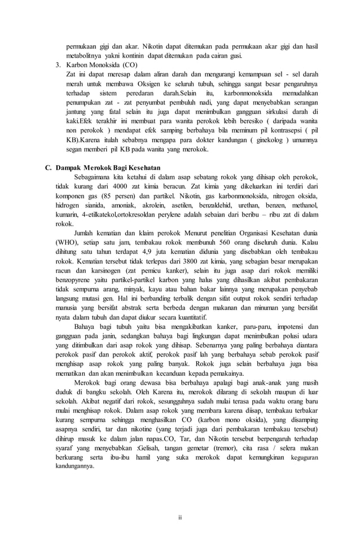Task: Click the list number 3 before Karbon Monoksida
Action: [58, 65]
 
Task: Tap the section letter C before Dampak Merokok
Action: [48, 168]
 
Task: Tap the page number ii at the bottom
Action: [180, 516]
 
